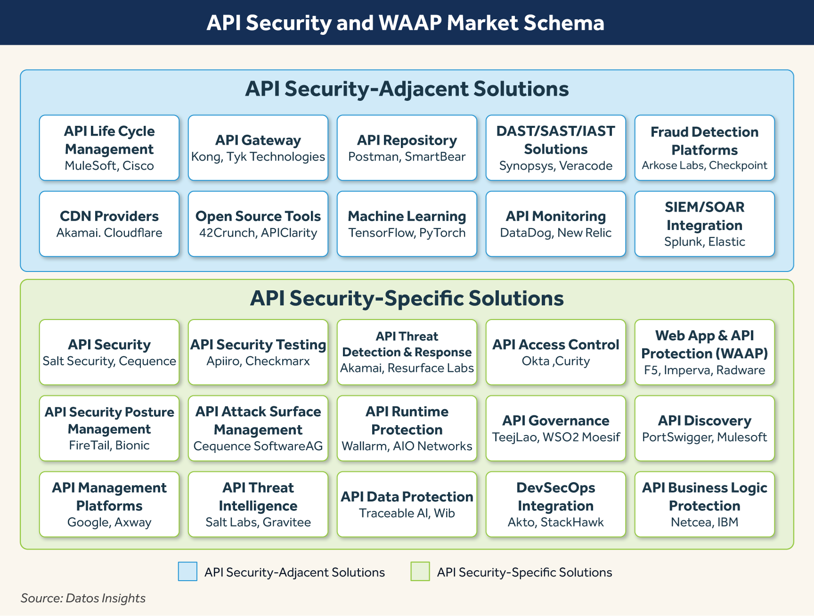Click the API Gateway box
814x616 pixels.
pyautogui.click(x=258, y=148)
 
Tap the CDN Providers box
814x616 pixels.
pyautogui.click(x=109, y=224)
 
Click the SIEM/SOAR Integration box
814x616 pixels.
pyautogui.click(x=704, y=224)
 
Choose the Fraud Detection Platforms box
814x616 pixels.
pyautogui.click(x=704, y=148)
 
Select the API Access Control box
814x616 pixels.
pyautogui.click(x=555, y=352)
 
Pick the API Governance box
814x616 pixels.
pyautogui.click(x=555, y=428)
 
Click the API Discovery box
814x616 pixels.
pyautogui.click(x=704, y=428)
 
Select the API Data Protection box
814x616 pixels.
pyautogui.click(x=407, y=504)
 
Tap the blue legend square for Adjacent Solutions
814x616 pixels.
pyautogui.click(x=187, y=572)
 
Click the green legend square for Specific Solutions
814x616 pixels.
pyautogui.click(x=420, y=572)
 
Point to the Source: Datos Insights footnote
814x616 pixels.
pyautogui.click(x=83, y=598)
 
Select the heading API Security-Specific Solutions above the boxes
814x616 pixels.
pyautogui.click(x=407, y=298)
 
